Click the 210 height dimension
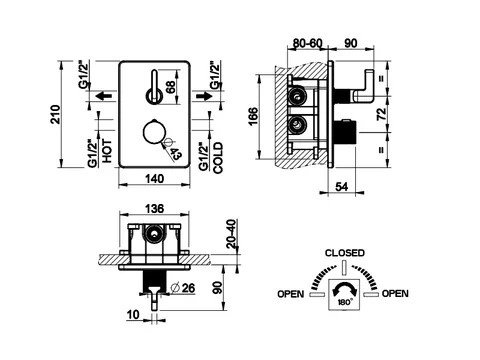[55, 114]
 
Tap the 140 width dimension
[154, 179]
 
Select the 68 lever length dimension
[171, 87]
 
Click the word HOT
[107, 151]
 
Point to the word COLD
[218, 158]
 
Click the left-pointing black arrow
[104, 96]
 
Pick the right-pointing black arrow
[204, 96]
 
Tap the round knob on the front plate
[154, 131]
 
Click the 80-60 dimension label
[307, 43]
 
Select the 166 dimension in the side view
[253, 116]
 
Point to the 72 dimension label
[381, 113]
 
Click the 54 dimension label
[341, 187]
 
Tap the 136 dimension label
[155, 209]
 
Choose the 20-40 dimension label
[231, 233]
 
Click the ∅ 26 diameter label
[183, 288]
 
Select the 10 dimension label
[133, 314]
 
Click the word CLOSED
[345, 253]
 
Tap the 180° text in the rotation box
[344, 302]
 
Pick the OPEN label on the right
[395, 294]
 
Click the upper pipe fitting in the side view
[296, 97]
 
